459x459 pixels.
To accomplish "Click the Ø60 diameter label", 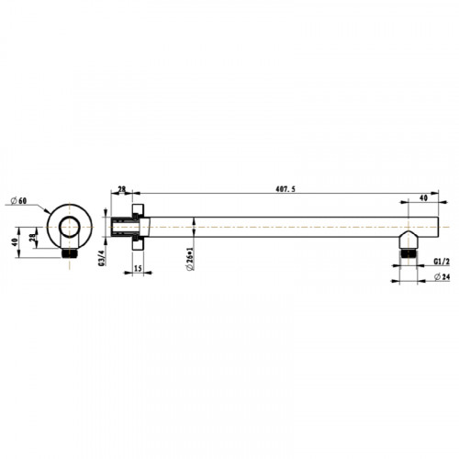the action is [x=18, y=201].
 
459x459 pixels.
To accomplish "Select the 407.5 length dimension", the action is [x=285, y=189].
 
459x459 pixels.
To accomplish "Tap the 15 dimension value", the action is [x=138, y=268].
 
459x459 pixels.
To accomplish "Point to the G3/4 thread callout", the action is [x=102, y=258].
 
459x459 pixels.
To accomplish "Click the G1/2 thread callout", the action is [x=442, y=262].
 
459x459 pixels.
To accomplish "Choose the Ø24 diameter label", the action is [x=442, y=277].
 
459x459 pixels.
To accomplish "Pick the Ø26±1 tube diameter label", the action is [x=190, y=259].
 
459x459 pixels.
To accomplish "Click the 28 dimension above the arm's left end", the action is [x=122, y=189].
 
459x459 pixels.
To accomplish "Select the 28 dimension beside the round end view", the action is [x=32, y=238].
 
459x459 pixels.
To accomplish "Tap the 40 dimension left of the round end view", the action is [x=14, y=242].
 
